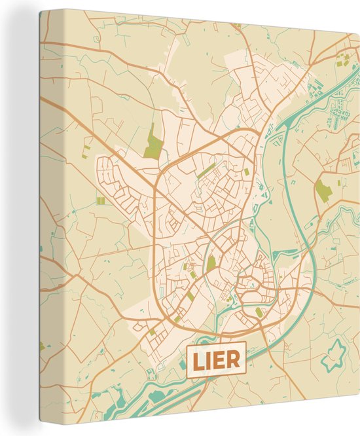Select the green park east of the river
323,190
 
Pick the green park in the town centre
211,264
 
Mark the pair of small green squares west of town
100,201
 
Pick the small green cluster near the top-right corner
342,63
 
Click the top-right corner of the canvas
359,33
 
